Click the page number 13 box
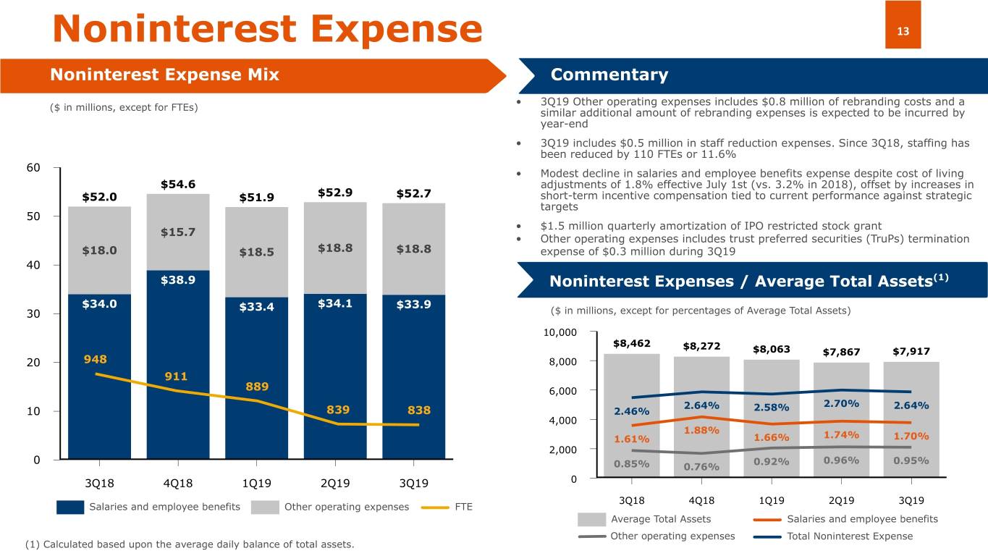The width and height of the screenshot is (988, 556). tap(903, 30)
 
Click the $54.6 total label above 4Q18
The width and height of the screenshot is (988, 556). tap(177, 185)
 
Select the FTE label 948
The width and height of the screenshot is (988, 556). tap(96, 360)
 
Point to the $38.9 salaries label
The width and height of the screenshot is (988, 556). tap(177, 279)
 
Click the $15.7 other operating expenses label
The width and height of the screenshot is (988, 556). tap(177, 232)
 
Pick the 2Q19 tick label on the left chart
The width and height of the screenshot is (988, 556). tap(334, 483)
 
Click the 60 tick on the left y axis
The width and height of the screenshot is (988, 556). tap(33, 168)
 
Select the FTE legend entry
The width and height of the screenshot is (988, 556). tap(463, 507)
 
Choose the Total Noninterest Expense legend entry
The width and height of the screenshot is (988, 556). tap(849, 536)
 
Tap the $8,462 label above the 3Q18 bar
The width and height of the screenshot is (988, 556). tap(631, 342)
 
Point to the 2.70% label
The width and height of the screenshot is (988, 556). tap(841, 403)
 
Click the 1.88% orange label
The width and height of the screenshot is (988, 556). tap(701, 431)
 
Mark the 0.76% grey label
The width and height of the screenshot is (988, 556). tap(701, 466)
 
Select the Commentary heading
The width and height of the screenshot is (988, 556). tap(609, 75)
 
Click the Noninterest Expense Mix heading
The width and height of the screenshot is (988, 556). tap(164, 75)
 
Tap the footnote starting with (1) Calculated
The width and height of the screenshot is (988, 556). tap(190, 544)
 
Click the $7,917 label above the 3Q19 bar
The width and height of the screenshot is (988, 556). tap(911, 352)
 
